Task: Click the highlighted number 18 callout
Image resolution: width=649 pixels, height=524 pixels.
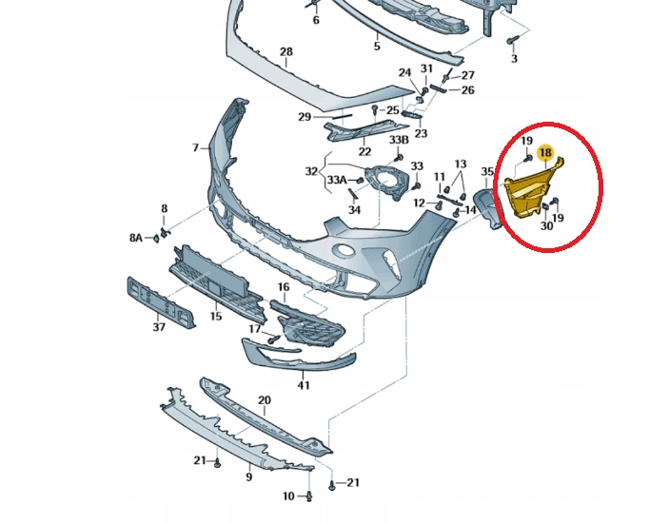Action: click(545, 152)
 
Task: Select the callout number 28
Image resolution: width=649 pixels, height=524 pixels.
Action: click(286, 51)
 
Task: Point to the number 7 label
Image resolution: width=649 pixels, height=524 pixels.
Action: click(195, 147)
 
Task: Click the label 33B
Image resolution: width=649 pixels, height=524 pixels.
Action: click(399, 140)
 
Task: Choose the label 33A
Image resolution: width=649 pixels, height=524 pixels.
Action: click(337, 180)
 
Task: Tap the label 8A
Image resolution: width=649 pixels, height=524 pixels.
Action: click(136, 238)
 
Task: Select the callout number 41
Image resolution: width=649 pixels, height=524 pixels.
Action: click(304, 385)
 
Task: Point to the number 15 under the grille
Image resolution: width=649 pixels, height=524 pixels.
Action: click(216, 317)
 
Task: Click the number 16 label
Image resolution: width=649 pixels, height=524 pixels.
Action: click(284, 287)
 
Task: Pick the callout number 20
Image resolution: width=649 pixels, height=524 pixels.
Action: click(265, 400)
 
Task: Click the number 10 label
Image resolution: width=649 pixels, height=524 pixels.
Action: click(288, 495)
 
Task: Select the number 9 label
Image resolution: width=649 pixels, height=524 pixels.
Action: click(248, 476)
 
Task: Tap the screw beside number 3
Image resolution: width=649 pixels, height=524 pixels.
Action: click(510, 41)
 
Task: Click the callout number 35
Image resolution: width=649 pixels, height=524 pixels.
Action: click(487, 171)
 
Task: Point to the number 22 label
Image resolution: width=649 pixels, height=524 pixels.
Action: click(364, 152)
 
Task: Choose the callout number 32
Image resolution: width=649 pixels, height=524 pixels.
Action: click(311, 171)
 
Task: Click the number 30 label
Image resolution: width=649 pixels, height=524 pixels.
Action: click(547, 225)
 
